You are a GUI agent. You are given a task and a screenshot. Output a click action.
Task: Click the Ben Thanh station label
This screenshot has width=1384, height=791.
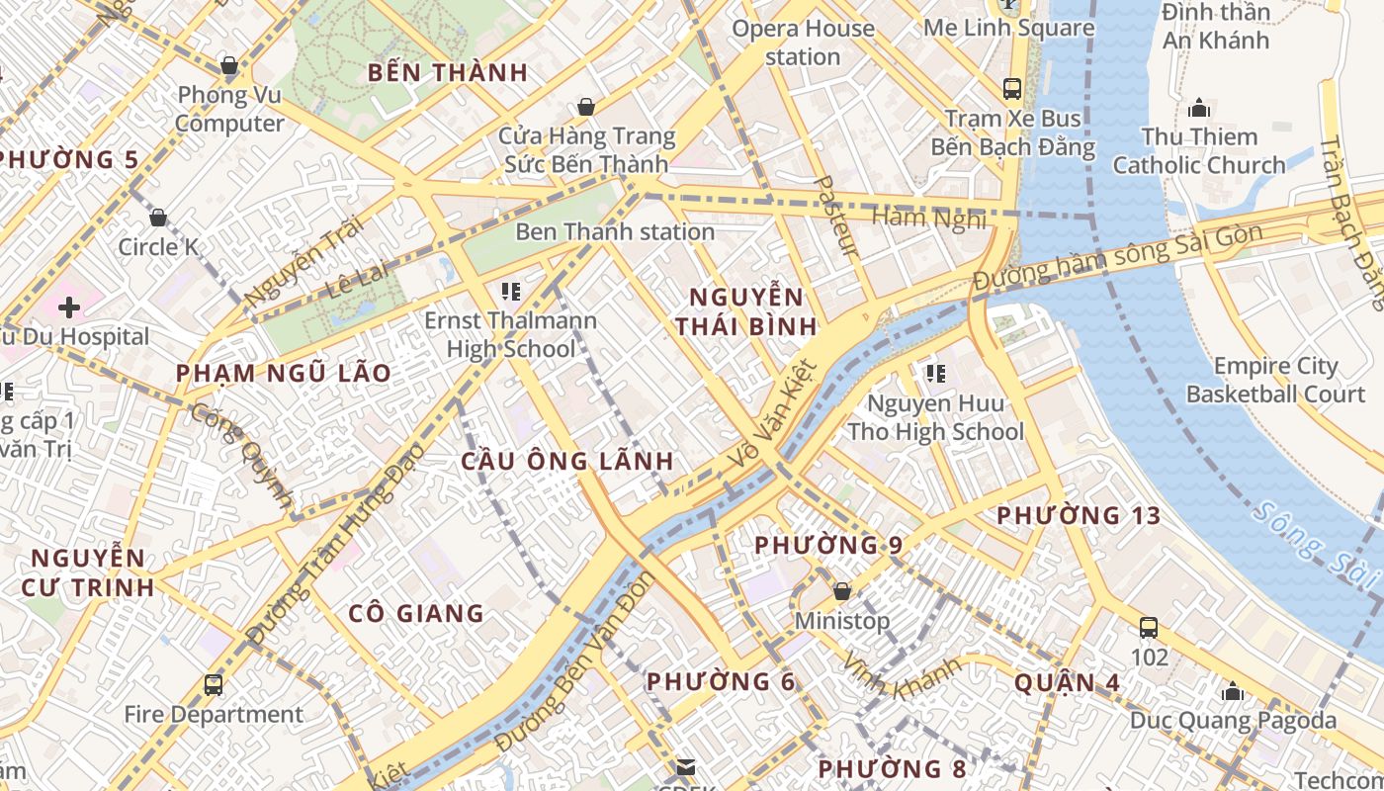point(615,232)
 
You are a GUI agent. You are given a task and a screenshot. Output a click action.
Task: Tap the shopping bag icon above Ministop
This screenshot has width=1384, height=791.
point(842,591)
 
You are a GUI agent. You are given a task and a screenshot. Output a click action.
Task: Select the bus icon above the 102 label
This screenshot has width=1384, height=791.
point(1149,627)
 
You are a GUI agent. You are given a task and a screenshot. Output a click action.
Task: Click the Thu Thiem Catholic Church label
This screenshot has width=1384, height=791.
point(1199,150)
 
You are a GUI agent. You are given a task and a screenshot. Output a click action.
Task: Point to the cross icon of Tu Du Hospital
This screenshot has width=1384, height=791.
point(69,308)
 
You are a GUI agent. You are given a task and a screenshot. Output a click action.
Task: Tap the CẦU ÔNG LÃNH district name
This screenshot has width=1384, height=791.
point(567,461)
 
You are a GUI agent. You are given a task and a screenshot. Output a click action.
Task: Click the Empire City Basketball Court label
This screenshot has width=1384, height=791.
point(1275,380)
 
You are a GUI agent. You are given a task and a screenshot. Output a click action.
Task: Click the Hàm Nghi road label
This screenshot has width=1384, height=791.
point(928,218)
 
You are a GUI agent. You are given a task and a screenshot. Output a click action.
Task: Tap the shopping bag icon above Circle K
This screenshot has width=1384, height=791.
point(158,218)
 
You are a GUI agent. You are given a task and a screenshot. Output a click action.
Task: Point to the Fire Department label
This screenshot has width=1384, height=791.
point(214,714)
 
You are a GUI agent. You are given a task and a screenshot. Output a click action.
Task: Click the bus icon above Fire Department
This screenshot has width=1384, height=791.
point(214,684)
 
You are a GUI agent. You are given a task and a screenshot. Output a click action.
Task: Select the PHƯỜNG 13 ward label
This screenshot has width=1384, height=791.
point(1079,515)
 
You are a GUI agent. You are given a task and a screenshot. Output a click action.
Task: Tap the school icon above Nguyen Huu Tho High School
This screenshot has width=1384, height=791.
point(935,374)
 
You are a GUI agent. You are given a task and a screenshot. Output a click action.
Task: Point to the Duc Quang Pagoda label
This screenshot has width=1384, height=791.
point(1233,721)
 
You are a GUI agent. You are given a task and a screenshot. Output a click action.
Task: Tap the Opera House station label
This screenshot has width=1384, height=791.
point(803,43)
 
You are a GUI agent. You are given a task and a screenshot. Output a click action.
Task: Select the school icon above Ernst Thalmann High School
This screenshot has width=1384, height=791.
point(511,291)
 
